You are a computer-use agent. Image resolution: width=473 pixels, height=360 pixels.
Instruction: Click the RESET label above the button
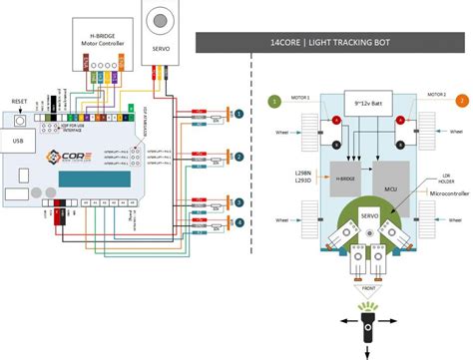19,102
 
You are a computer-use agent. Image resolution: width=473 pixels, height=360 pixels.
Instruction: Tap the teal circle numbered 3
238,200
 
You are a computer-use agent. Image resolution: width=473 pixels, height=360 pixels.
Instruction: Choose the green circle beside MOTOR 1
272,100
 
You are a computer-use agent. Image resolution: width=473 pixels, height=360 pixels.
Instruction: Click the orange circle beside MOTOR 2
462,100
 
